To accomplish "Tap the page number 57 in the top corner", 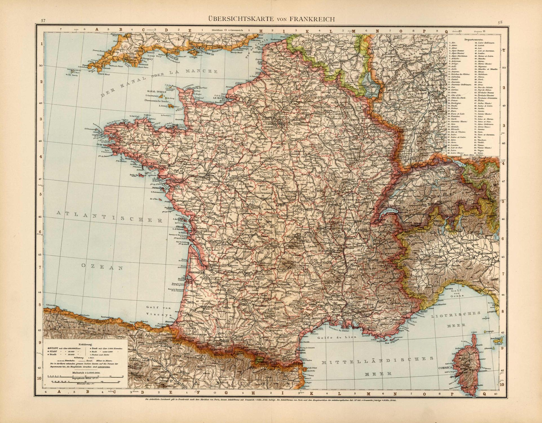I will click(43, 21).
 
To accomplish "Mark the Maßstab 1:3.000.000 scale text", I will click(85, 373).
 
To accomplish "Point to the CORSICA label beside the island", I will click(444, 368).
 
